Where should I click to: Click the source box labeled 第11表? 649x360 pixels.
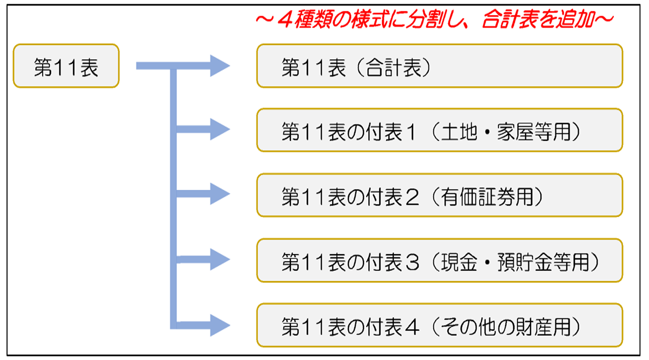pos(66,66)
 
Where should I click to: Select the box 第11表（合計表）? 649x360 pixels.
pos(440,66)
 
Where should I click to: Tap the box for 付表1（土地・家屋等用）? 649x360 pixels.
pos(440,130)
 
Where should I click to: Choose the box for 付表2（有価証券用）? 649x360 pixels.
pos(440,195)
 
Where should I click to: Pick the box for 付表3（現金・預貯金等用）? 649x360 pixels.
pos(440,261)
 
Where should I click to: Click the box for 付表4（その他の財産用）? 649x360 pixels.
pos(440,325)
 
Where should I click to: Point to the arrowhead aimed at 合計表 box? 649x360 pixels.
pos(220,66)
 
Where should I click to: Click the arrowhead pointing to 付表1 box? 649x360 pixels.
pos(220,129)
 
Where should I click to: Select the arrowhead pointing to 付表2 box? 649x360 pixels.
pos(220,194)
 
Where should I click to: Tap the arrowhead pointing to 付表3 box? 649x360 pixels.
pos(220,259)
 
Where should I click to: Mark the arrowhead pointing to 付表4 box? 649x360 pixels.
pos(220,325)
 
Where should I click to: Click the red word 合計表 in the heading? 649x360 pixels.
pos(510,19)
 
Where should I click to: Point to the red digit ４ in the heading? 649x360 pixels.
pos(286,19)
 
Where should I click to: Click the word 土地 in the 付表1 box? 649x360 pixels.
pos(459,132)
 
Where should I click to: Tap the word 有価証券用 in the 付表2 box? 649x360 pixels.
pos(487,197)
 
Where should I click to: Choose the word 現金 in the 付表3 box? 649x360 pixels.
pos(459,262)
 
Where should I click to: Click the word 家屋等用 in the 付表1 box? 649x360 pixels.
pos(534,132)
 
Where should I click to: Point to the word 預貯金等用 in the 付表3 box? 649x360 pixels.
pos(543,262)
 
